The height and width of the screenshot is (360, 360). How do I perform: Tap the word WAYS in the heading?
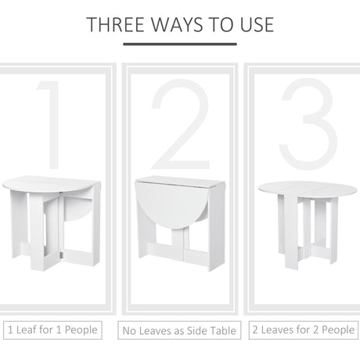[x=182, y=23]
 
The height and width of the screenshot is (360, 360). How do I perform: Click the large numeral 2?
[x=181, y=121]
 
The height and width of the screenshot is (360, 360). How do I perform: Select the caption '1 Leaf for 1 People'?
[x=52, y=329]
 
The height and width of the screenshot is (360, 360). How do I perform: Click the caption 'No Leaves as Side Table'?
[x=180, y=331]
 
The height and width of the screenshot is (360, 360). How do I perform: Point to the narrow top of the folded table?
[x=180, y=182]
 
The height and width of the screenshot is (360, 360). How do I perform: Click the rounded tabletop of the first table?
[x=51, y=184]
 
